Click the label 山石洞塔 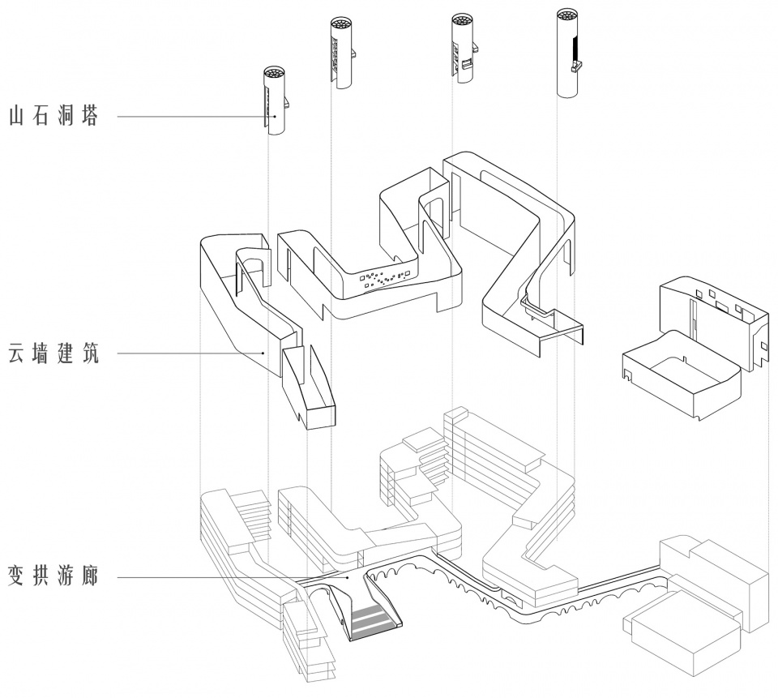53,116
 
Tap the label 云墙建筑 53,353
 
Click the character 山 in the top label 17,116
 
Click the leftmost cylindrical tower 275,101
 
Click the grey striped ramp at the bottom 374,619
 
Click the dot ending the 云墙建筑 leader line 264,353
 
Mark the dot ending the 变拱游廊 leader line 348,578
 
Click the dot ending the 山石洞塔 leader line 274,116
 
